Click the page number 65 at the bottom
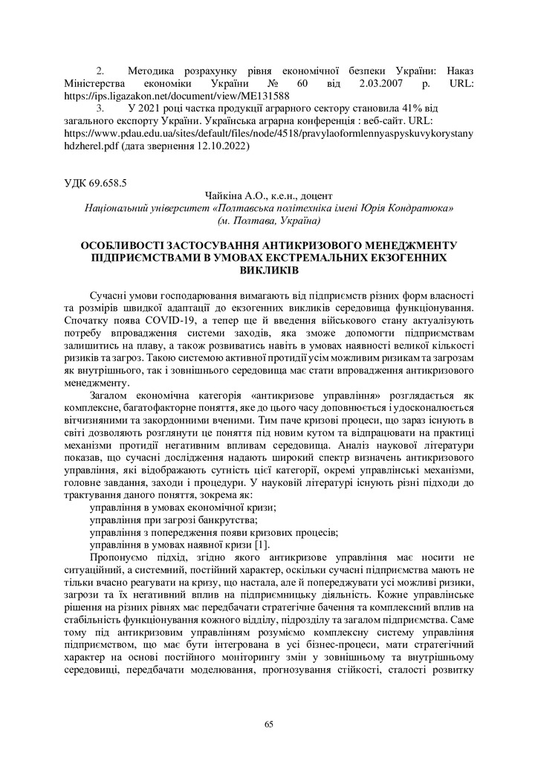pos(269,725)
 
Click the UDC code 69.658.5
pos(109,180)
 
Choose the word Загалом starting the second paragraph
pos(111,395)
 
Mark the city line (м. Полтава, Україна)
pos(268,221)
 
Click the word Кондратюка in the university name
pos(424,208)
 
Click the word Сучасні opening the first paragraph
pos(109,294)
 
